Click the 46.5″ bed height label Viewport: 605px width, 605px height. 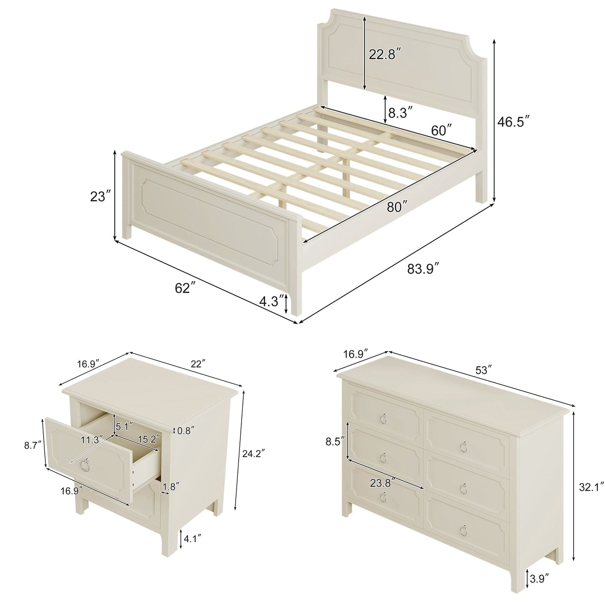(514, 122)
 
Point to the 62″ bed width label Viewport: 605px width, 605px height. (183, 288)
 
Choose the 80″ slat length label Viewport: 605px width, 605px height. (397, 207)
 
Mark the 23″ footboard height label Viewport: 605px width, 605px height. (100, 196)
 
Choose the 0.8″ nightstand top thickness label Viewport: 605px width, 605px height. (186, 431)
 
